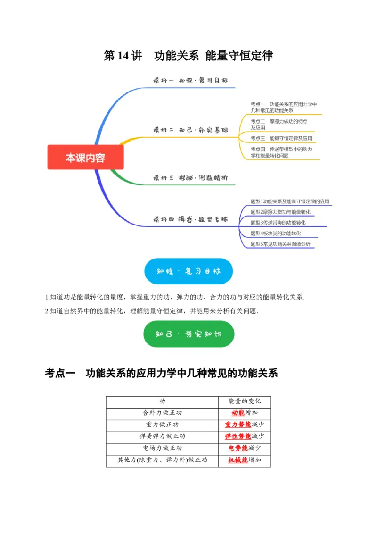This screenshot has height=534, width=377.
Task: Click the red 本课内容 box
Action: tap(85, 157)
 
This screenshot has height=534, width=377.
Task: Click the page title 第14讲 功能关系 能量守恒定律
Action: tap(188, 56)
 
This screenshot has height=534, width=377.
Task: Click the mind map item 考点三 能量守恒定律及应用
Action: tap(281, 138)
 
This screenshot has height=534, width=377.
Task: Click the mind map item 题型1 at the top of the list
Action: tap(289, 201)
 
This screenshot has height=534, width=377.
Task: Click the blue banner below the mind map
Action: tap(188, 271)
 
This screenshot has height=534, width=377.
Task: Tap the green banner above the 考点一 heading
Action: tap(188, 334)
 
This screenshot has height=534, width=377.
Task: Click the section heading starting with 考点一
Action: tap(161, 374)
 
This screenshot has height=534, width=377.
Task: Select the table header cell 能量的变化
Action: tap(245, 401)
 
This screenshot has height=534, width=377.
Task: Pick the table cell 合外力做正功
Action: tap(163, 413)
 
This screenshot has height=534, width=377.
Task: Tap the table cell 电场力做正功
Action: tap(163, 448)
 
